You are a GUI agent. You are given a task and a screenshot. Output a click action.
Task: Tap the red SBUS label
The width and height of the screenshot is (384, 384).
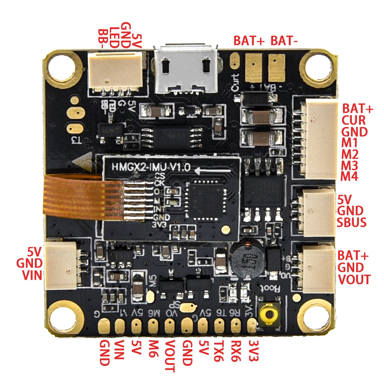352,223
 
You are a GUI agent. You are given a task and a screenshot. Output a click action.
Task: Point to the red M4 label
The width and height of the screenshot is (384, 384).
349,176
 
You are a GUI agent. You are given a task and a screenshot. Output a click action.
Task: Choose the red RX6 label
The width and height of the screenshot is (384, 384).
236,352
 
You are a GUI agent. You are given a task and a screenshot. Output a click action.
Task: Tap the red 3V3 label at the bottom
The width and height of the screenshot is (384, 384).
253,352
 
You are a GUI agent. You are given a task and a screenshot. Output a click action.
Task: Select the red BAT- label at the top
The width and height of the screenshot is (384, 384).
284,40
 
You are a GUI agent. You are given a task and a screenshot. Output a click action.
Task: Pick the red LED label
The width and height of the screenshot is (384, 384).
114,38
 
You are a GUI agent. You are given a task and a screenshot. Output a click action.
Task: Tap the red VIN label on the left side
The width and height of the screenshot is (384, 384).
31,275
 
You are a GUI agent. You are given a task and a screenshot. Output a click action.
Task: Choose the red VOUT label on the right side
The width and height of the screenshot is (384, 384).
354,279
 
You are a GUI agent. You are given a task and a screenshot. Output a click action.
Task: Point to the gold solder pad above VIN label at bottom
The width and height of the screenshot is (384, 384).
120,325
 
